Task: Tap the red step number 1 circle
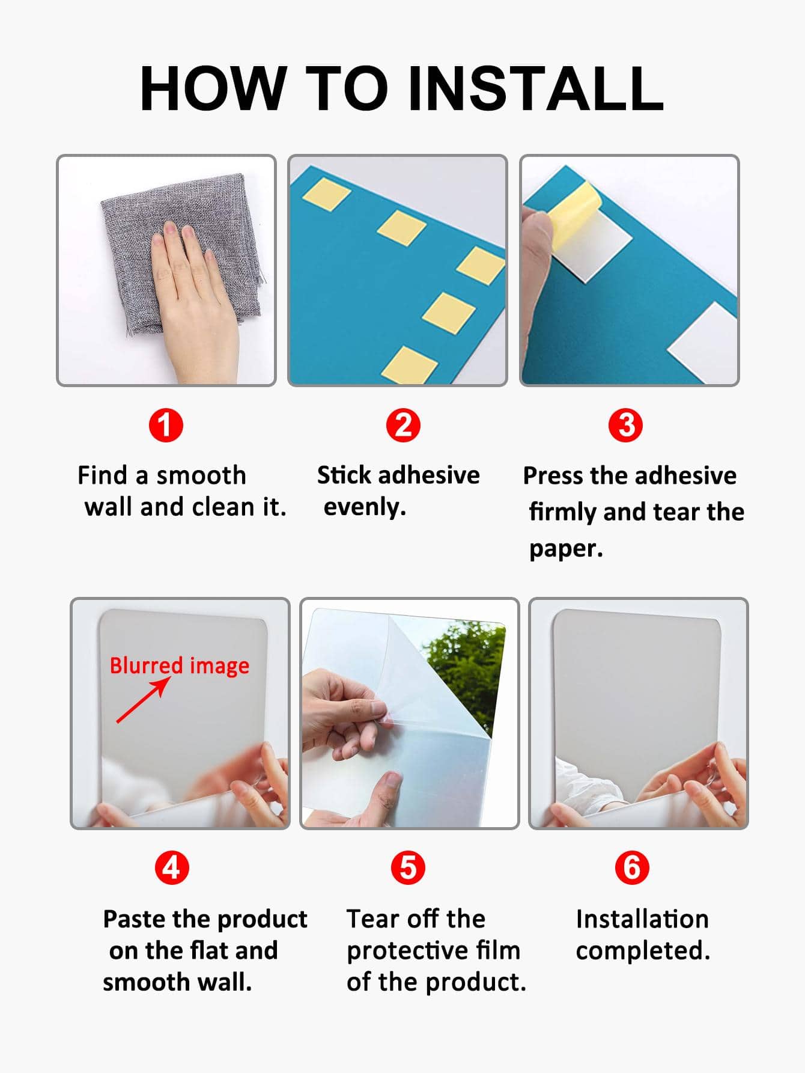[x=166, y=426]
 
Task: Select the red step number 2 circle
[x=403, y=426]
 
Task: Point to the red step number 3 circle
[x=625, y=426]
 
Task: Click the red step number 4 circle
[x=172, y=867]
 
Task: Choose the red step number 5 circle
[x=408, y=867]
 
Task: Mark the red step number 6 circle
[x=632, y=867]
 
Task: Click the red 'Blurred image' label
[x=179, y=666]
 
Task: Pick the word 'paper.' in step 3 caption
[x=566, y=549]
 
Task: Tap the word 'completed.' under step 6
[x=643, y=951]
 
